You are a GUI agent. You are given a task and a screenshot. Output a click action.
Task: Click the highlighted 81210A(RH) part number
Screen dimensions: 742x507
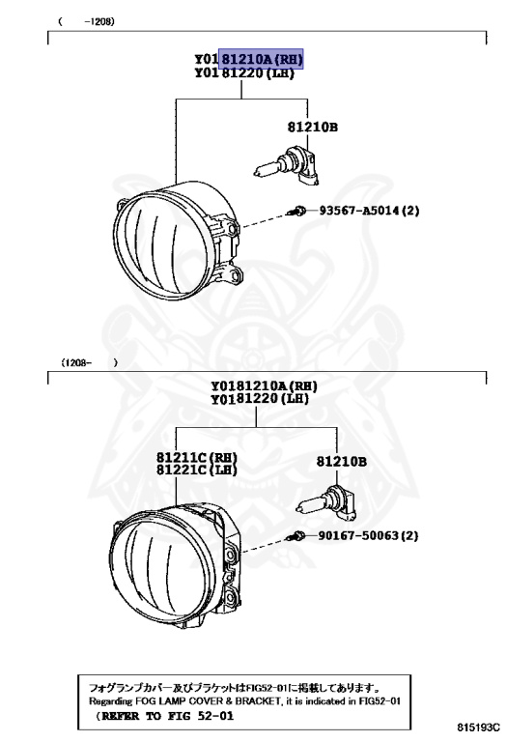tap(262, 59)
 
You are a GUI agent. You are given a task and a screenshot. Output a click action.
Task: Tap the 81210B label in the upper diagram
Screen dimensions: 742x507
tap(312, 127)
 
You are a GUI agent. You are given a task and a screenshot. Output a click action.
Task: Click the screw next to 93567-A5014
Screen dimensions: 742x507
tap(299, 211)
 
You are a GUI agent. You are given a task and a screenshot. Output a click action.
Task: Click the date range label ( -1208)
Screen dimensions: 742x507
tap(86, 20)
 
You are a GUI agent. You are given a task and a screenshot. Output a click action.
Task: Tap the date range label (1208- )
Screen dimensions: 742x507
tap(89, 363)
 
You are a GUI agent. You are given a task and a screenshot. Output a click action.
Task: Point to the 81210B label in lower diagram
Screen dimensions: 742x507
tap(342, 463)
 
